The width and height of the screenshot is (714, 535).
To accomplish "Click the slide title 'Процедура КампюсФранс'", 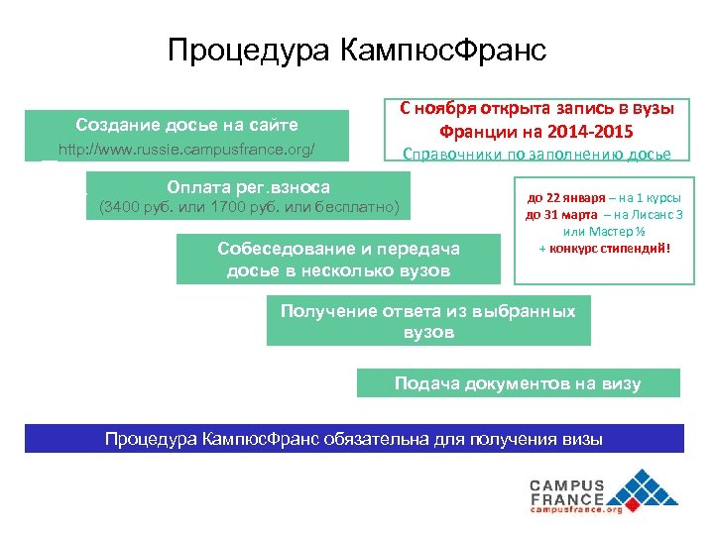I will (357, 50).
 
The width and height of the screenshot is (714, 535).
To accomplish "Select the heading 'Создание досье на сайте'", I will (186, 125).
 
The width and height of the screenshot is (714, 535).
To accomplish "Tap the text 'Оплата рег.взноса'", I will (249, 187).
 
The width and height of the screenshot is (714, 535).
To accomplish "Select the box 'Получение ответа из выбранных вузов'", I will (427, 321).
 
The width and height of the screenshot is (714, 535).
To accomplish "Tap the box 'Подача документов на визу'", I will (518, 383).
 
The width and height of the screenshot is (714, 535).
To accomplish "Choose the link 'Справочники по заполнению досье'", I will (535, 153).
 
